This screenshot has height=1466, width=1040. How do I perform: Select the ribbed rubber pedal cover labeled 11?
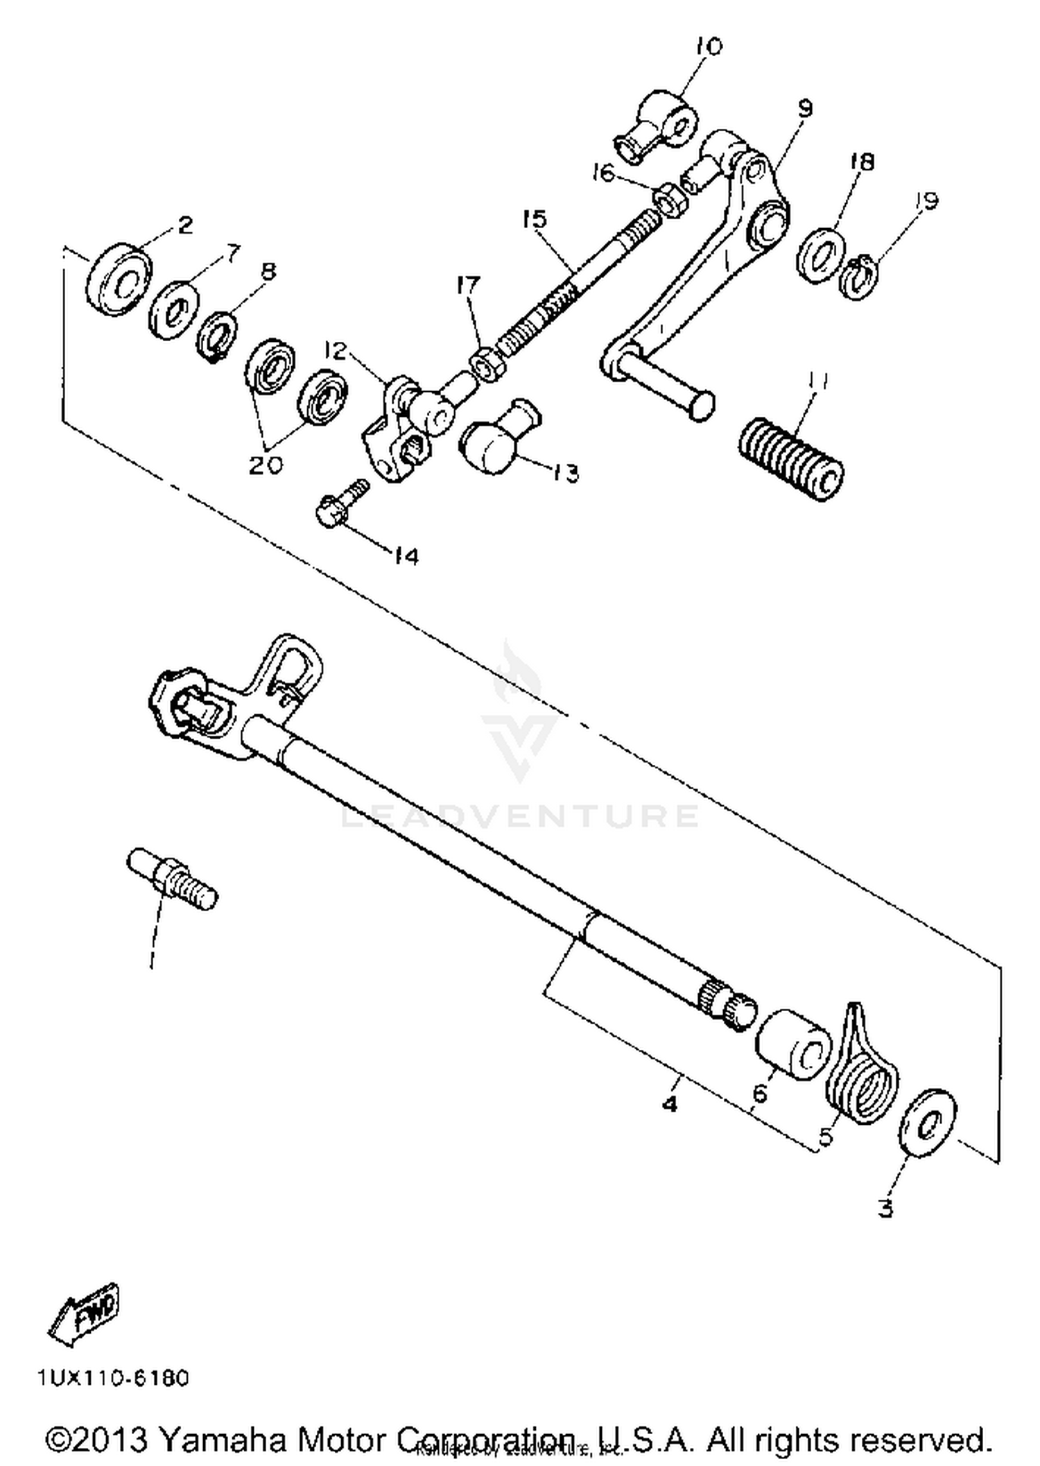(x=790, y=458)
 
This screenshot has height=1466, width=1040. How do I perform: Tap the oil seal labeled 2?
(x=119, y=279)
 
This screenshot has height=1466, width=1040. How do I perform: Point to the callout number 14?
(x=406, y=556)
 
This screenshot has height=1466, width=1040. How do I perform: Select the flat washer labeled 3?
(x=927, y=1122)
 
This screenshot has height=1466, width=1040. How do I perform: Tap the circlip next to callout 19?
(x=860, y=277)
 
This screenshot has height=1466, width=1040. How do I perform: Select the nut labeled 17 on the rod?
(x=487, y=365)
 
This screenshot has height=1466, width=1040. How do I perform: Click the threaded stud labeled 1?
(x=173, y=879)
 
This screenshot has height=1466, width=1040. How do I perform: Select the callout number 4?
(x=669, y=1103)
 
